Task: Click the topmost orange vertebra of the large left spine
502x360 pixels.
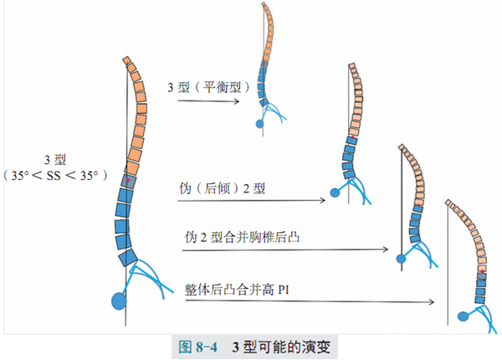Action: [127, 61]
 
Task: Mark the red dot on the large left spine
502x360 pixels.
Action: [128, 180]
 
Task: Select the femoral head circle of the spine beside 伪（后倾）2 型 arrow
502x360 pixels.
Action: [336, 193]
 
